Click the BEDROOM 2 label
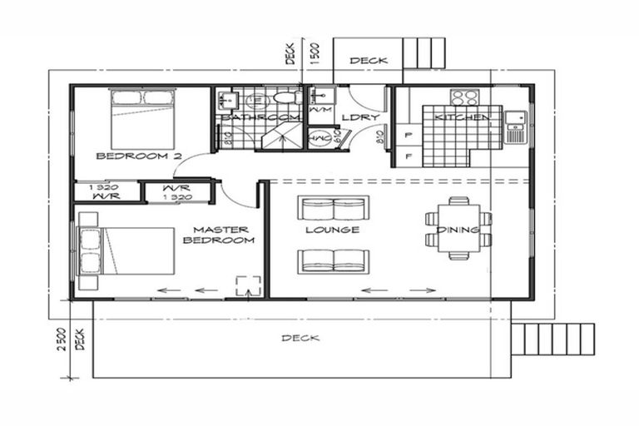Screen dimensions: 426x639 pyautogui.click(x=126, y=156)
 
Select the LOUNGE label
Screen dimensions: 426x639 pyautogui.click(x=332, y=230)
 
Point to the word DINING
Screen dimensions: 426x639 pyautogui.click(x=458, y=230)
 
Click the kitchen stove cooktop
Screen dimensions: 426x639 pyautogui.click(x=464, y=97)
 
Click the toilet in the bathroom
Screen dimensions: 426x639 pyautogui.click(x=285, y=99)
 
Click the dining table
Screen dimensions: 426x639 pyautogui.click(x=458, y=229)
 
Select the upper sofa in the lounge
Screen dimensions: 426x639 pyautogui.click(x=334, y=208)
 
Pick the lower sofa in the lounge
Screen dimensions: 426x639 pyautogui.click(x=334, y=261)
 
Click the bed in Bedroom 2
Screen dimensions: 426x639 pyautogui.click(x=142, y=119)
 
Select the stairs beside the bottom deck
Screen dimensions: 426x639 pyautogui.click(x=553, y=339)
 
